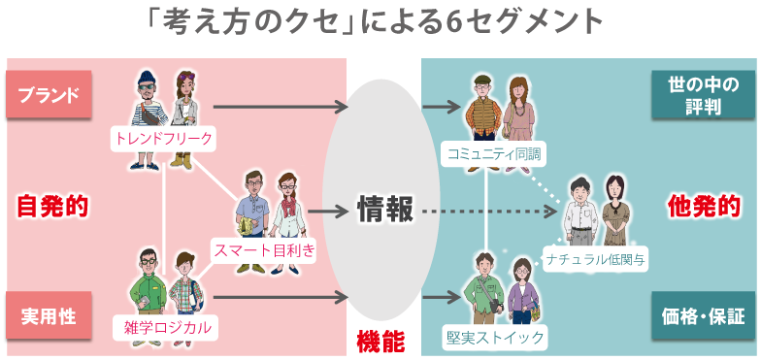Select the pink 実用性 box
tap(49, 315)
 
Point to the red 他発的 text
tap(704, 206)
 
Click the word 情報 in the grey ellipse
tap(385, 209)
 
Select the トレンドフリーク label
tap(163, 139)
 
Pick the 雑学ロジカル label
tap(162, 326)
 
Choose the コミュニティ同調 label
tap(492, 153)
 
